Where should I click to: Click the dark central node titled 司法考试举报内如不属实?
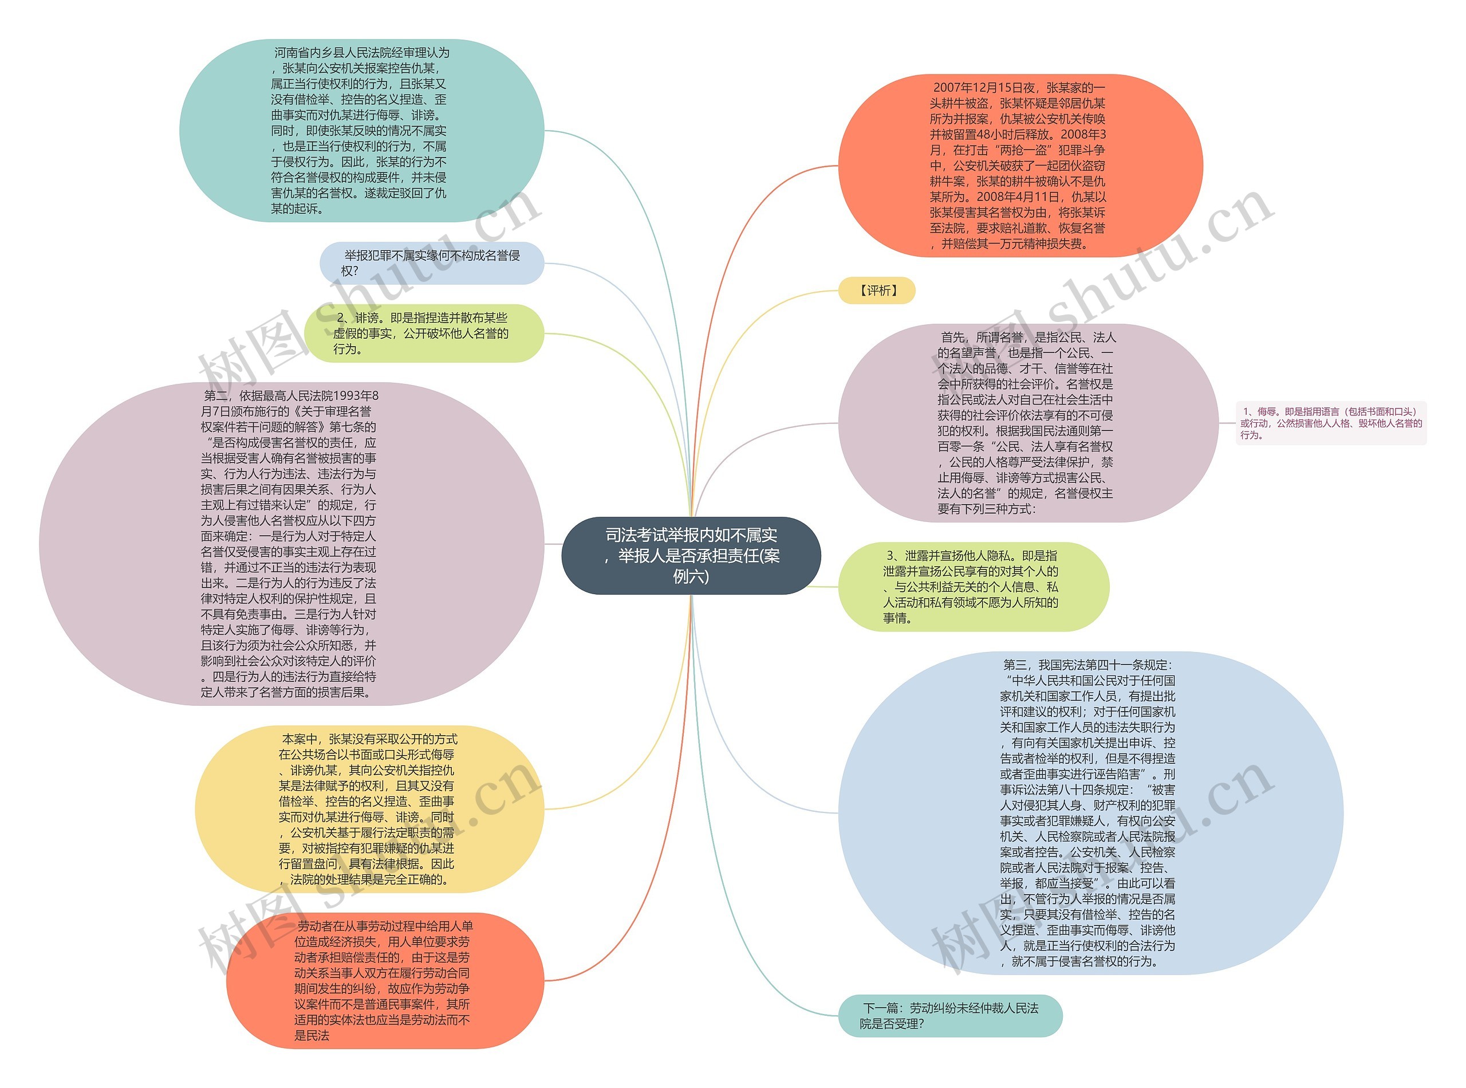point(691,555)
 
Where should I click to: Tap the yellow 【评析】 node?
point(876,290)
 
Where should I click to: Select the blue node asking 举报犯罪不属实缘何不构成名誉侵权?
point(431,264)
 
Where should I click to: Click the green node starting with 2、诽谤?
point(423,333)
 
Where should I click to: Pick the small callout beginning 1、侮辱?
point(1330,423)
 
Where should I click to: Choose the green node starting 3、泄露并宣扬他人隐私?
point(972,587)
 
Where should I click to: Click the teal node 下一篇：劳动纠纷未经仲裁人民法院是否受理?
point(949,1016)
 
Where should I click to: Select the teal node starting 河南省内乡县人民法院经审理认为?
point(361,131)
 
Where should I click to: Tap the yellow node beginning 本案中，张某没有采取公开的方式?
point(369,809)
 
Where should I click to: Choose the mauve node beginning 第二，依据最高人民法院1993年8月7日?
point(291,544)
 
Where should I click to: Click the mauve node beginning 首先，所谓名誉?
point(1027,423)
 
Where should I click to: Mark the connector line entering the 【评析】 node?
point(790,299)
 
